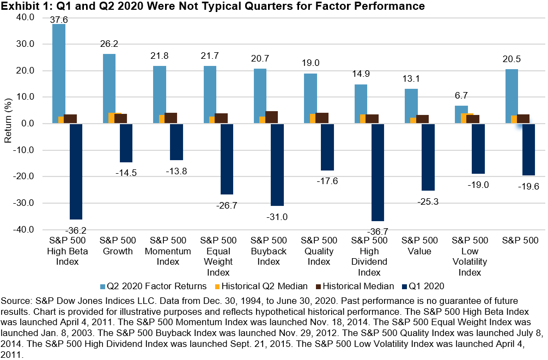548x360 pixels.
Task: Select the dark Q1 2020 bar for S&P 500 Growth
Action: [x=126, y=143]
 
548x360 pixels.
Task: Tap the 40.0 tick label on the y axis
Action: [x=25, y=17]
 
